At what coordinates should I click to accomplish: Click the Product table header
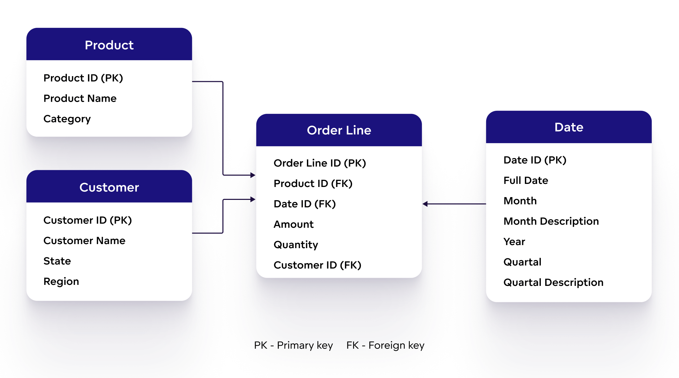click(x=109, y=45)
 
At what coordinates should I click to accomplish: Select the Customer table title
click(x=109, y=187)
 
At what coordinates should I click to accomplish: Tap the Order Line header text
click(x=339, y=130)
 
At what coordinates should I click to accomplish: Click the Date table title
click(x=569, y=127)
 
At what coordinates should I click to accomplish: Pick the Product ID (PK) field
click(x=83, y=78)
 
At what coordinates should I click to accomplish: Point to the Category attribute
click(x=67, y=119)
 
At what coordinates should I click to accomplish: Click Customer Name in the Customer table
click(x=84, y=241)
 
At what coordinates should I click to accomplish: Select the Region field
click(x=61, y=281)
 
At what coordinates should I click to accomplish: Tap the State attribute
click(x=57, y=261)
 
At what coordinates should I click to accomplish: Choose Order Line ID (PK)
click(x=319, y=163)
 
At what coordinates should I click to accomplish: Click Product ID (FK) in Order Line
click(x=313, y=184)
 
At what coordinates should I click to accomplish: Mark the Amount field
click(x=293, y=224)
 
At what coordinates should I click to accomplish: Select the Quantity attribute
click(x=296, y=245)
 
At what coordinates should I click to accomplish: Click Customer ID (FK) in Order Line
click(x=317, y=265)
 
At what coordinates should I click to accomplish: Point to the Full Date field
click(x=526, y=181)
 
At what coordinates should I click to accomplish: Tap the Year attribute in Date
click(x=514, y=242)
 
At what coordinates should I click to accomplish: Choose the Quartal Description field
click(x=553, y=282)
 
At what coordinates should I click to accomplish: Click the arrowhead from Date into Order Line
click(x=425, y=204)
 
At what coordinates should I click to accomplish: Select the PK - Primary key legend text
click(x=293, y=345)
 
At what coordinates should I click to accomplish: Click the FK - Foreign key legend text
click(x=385, y=345)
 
